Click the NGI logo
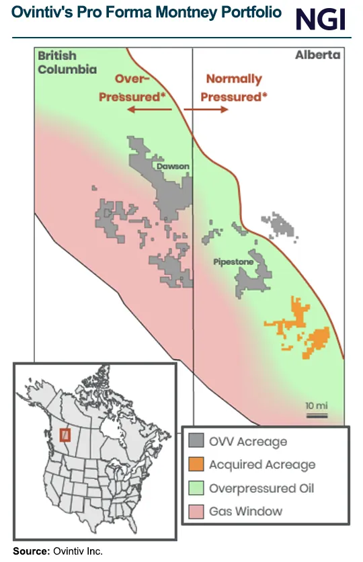321,19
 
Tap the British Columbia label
67,63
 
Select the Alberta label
317,55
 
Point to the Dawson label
172,165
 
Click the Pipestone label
233,262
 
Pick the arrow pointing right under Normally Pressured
207,110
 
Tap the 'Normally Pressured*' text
233,88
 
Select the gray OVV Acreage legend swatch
196,441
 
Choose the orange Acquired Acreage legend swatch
196,465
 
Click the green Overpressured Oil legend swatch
196,488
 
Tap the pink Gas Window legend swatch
196,511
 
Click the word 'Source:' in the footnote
30,551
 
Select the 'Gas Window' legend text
245,511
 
